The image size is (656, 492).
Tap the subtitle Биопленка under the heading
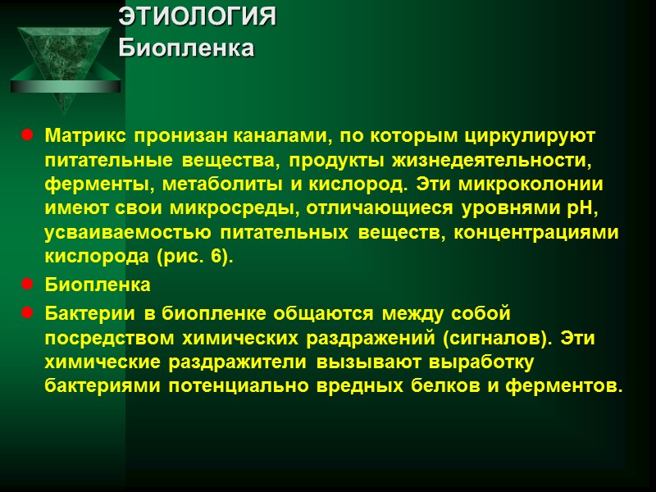pos(186,48)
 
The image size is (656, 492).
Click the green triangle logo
pos(65,62)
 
